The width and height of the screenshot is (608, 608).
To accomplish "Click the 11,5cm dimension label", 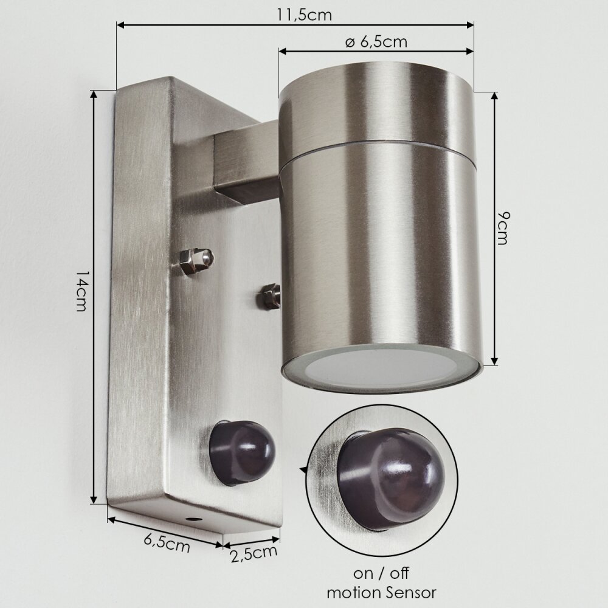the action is click(305, 15).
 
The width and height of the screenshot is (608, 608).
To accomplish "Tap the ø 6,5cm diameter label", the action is click(376, 41).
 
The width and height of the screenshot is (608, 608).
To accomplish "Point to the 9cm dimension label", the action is click(503, 228).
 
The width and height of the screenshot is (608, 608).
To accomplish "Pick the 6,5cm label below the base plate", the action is click(167, 544).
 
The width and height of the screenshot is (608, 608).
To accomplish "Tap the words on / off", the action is click(381, 573).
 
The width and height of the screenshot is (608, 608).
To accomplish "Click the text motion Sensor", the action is click(382, 592).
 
